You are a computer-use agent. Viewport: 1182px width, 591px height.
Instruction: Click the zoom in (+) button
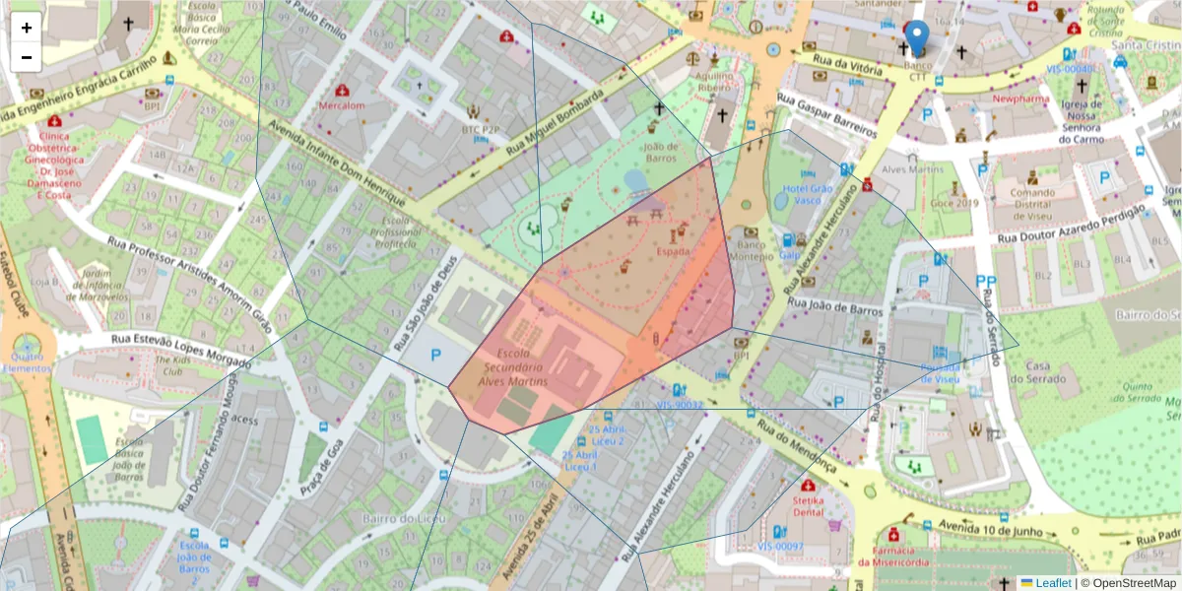27,28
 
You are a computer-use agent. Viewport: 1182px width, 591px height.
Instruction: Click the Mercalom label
342,105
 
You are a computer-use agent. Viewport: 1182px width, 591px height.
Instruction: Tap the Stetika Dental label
808,506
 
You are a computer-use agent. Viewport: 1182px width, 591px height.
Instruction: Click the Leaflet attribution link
1052,582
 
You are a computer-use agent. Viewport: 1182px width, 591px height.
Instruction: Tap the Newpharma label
1020,99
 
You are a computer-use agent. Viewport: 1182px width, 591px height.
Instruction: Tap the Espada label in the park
674,252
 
